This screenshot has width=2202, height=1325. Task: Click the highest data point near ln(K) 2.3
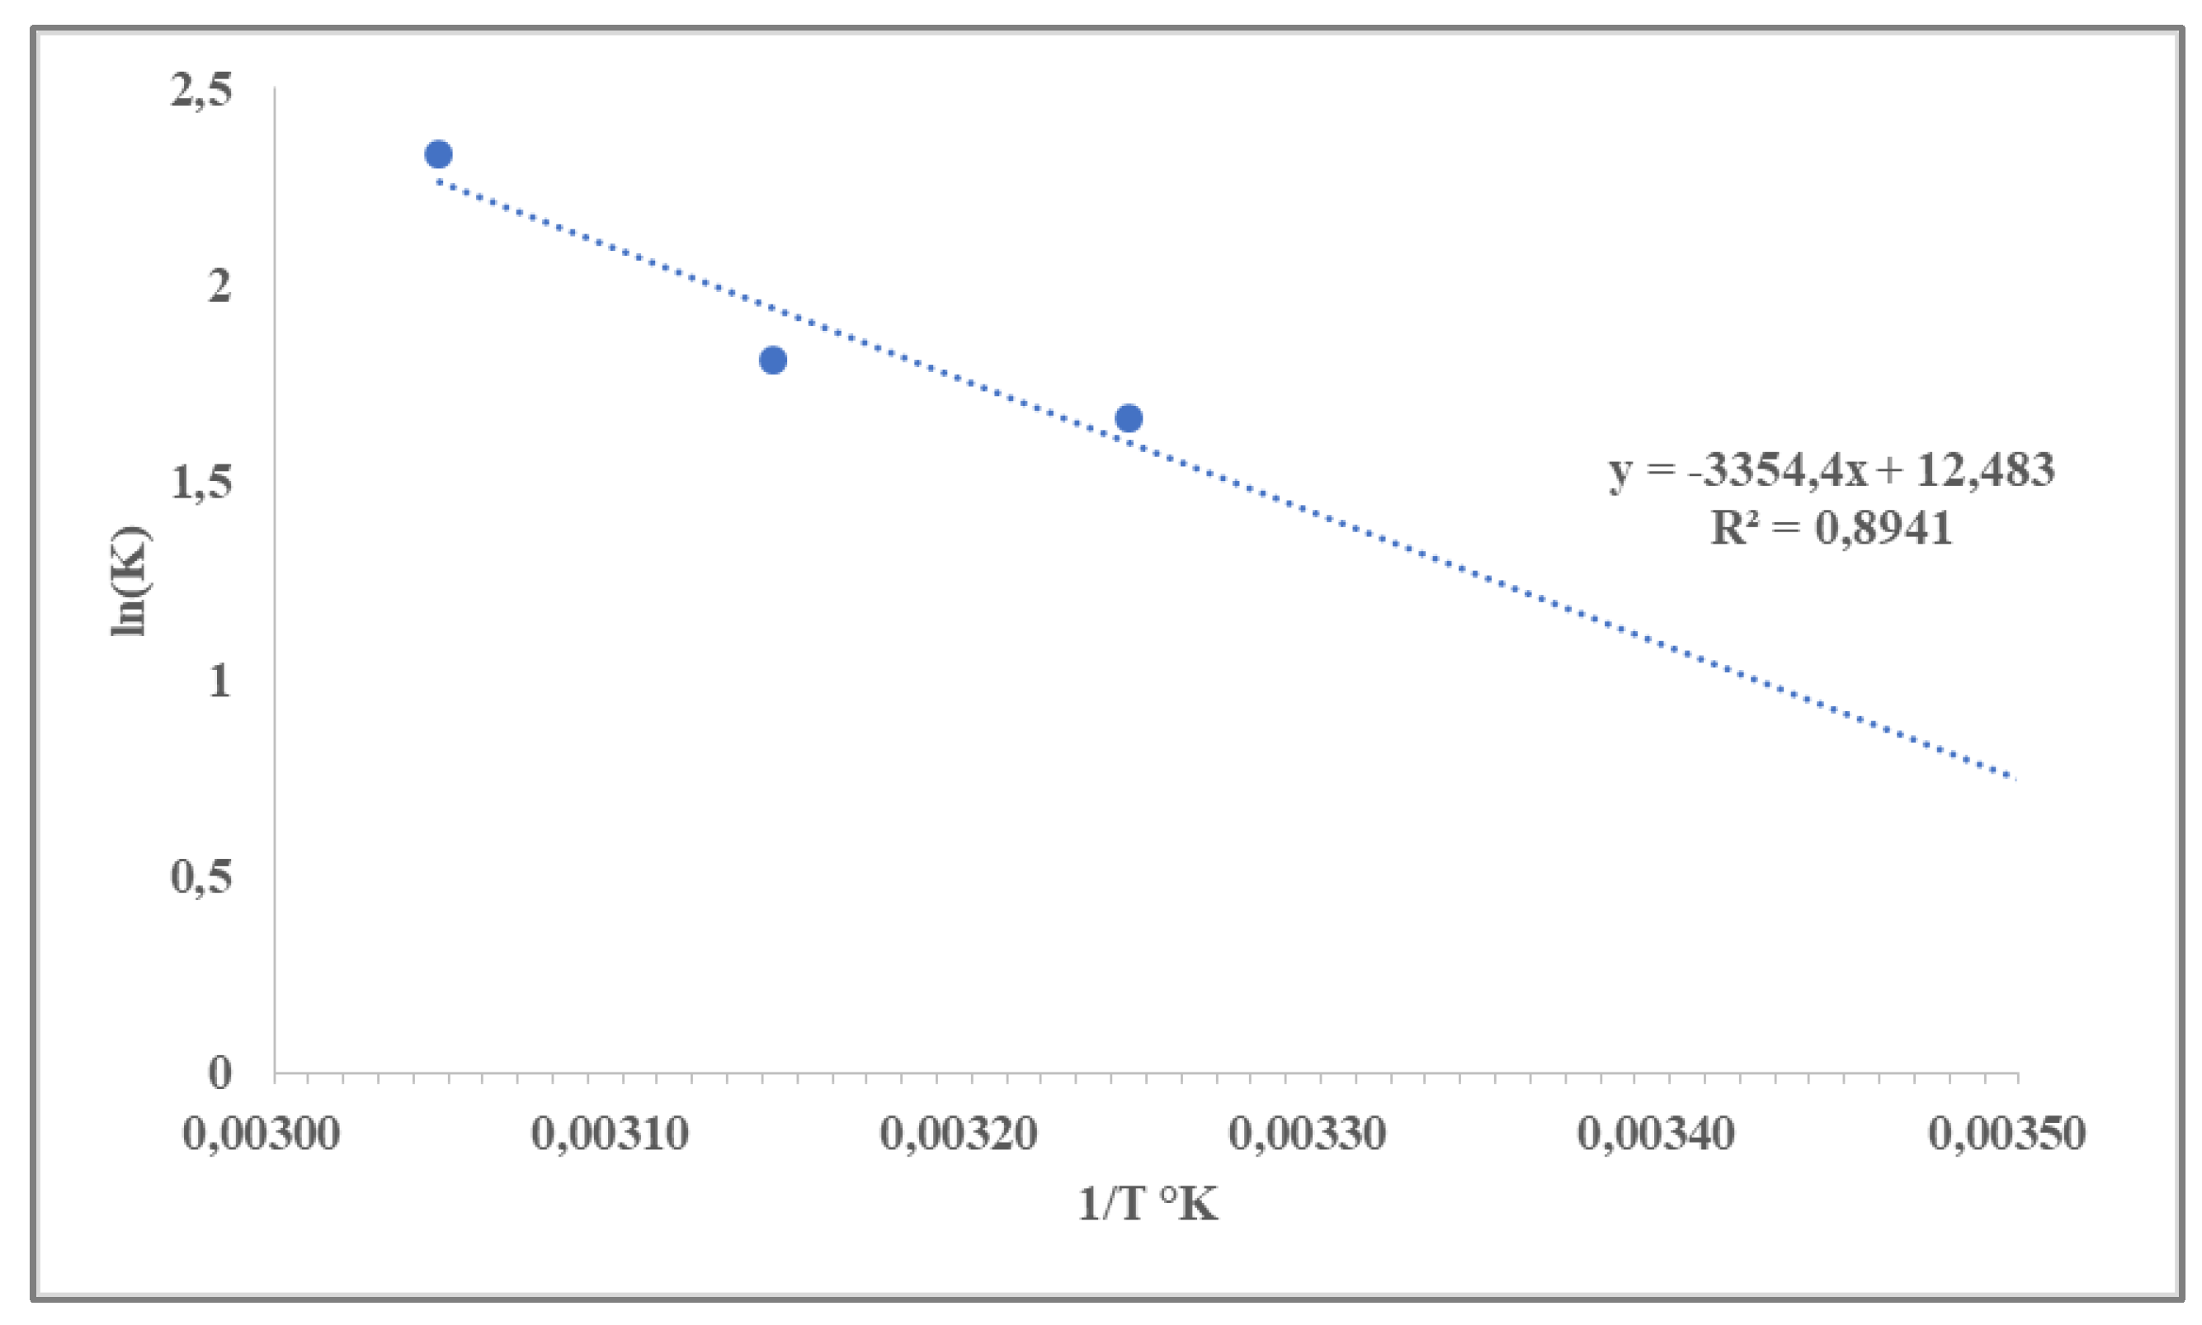pos(437,154)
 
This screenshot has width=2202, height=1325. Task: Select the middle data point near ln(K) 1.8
pos(773,360)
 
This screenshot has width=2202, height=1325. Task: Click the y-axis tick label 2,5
pos(202,91)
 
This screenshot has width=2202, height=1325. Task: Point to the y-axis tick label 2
pos(219,285)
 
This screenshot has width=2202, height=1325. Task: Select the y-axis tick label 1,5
pos(202,483)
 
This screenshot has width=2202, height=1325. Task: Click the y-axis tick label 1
pos(219,681)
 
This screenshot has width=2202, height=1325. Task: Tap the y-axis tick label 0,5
pos(202,877)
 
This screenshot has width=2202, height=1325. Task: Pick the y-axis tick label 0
pos(219,1073)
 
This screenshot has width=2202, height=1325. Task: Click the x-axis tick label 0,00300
pos(262,1134)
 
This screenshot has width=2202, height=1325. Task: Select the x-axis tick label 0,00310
pos(611,1134)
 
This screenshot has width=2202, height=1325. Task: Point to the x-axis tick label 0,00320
pos(959,1134)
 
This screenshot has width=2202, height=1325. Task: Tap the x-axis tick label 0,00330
pos(1308,1134)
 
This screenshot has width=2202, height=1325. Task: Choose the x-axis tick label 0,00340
pos(1656,1134)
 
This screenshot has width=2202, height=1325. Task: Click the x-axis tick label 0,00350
pos(2006,1134)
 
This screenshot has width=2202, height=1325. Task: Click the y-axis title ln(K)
pos(130,580)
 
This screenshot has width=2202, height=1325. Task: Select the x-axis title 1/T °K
pos(1148,1205)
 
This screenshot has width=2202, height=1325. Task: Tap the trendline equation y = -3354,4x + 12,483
pos(1831,469)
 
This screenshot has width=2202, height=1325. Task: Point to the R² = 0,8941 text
pos(1831,528)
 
